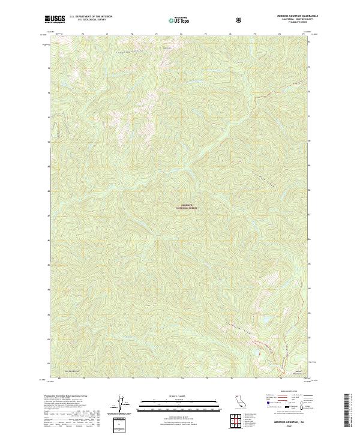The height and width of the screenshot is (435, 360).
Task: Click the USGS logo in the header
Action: pos(55,19)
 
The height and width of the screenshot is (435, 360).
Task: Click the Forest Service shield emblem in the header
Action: pos(241,19)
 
